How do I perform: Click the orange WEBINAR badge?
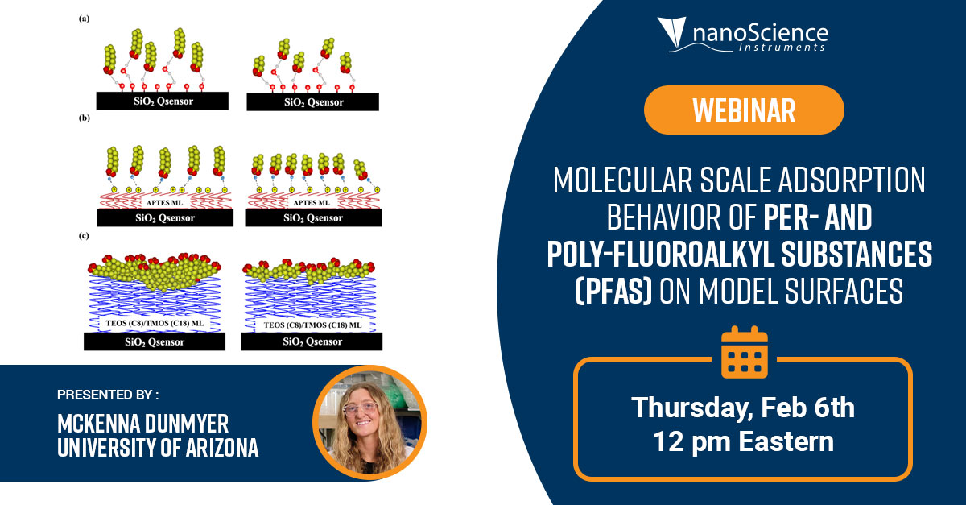[744, 110]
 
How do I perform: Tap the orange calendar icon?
[745, 352]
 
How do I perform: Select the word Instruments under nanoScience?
[782, 47]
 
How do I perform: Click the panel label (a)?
[84, 19]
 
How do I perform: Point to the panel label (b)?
[84, 118]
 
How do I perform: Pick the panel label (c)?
[84, 236]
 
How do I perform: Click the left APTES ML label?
[164, 202]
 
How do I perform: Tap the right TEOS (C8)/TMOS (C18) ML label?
[312, 325]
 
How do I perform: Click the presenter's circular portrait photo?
[370, 423]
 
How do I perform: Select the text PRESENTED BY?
[108, 395]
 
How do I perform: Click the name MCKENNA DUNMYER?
[142, 424]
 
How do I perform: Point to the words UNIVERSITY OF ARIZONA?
[158, 447]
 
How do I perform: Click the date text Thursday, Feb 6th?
[743, 407]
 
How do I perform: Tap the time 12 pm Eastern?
[744, 441]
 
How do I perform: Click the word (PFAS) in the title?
[613, 291]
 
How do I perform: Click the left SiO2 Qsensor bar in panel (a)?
[163, 101]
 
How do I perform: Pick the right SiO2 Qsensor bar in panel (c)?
[312, 341]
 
